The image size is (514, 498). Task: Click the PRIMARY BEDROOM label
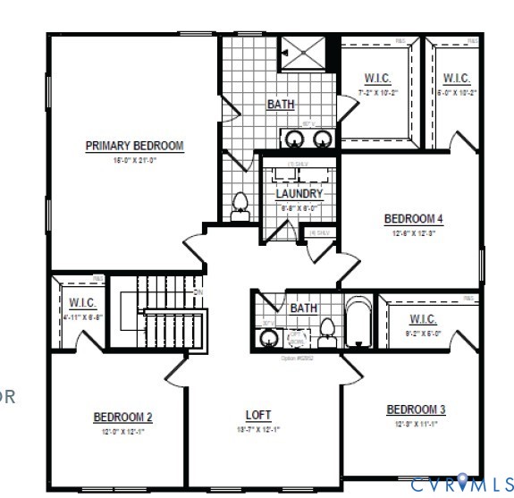coord(134,146)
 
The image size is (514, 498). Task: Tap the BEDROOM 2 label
coord(123,417)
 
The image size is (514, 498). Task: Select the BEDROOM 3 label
coord(416,409)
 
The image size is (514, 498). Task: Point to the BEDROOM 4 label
coord(414,219)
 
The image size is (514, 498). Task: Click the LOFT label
coord(258,416)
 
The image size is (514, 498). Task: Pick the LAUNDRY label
coord(299,193)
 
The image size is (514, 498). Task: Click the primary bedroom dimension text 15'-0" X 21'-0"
coord(134,161)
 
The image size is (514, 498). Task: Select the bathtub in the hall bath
coord(357,322)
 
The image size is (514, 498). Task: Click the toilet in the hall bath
coord(327,330)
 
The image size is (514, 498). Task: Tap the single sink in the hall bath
coord(267,337)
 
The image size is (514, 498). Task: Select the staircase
coord(156,317)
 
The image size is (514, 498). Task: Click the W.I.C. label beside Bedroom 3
coord(423,319)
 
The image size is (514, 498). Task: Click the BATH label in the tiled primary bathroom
coord(281,105)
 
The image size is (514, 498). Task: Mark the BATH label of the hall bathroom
coord(303,308)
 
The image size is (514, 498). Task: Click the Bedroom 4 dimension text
coord(414,233)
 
